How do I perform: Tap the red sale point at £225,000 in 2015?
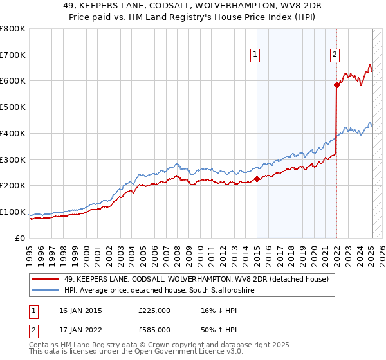coord(257,179)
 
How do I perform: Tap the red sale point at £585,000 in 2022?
coord(336,85)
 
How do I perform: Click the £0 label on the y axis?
coord(20,238)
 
